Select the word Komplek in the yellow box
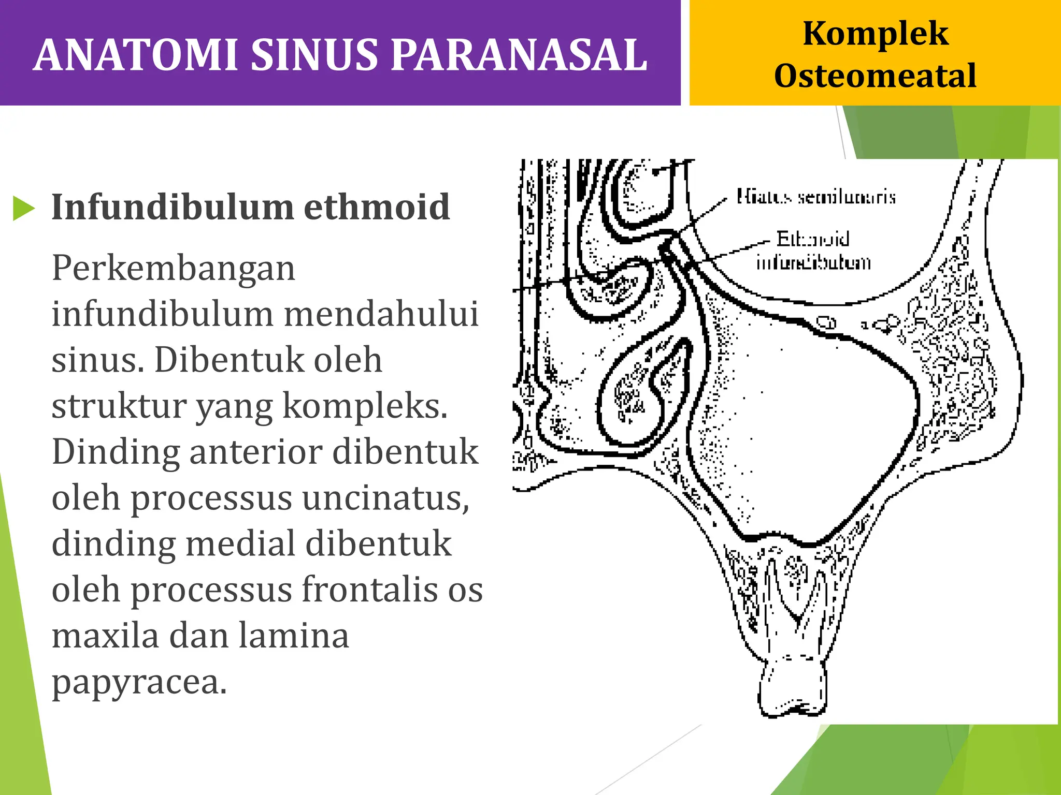coord(875,34)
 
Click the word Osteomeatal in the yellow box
coord(875,76)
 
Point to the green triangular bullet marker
coord(23,208)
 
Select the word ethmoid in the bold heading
coord(377,207)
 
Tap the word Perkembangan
coord(174,269)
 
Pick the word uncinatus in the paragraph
coord(385,498)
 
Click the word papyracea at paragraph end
coord(139,682)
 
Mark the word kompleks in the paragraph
coord(365,406)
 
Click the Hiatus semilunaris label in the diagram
coord(816,197)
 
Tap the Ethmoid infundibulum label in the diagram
coord(813,251)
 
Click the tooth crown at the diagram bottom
coord(792,688)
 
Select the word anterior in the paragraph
coord(256,452)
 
